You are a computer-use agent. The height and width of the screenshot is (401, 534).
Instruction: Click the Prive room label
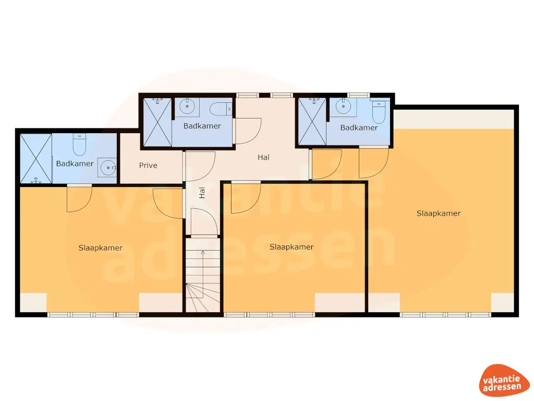pyautogui.click(x=148, y=166)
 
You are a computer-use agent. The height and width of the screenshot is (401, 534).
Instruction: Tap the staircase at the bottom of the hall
pyautogui.click(x=202, y=277)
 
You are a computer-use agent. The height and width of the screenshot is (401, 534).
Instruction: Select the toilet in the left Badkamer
pyautogui.click(x=79, y=145)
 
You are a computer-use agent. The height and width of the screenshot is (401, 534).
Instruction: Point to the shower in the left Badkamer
pyautogui.click(x=36, y=159)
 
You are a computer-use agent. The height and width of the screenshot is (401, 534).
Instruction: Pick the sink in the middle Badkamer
pyautogui.click(x=187, y=107)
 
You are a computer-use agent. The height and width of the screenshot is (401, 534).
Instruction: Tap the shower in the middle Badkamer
pyautogui.click(x=156, y=121)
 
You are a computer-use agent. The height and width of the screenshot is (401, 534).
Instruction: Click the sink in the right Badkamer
pyautogui.click(x=343, y=107)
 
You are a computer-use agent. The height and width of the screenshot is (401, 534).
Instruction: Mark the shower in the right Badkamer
pyautogui.click(x=312, y=121)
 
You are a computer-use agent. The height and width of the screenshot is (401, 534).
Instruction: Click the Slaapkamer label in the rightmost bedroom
pyautogui.click(x=439, y=213)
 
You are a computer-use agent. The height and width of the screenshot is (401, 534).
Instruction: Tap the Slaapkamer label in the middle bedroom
pyautogui.click(x=292, y=247)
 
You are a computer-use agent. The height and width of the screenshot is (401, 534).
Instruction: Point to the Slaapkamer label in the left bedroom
pyautogui.click(x=101, y=247)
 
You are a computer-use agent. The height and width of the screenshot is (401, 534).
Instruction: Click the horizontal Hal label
pyautogui.click(x=264, y=157)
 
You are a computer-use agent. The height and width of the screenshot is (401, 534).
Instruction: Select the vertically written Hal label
pyautogui.click(x=202, y=193)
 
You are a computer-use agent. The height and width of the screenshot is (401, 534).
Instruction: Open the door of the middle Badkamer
pyautogui.click(x=247, y=131)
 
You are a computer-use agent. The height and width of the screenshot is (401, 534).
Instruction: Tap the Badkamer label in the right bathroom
pyautogui.click(x=359, y=128)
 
